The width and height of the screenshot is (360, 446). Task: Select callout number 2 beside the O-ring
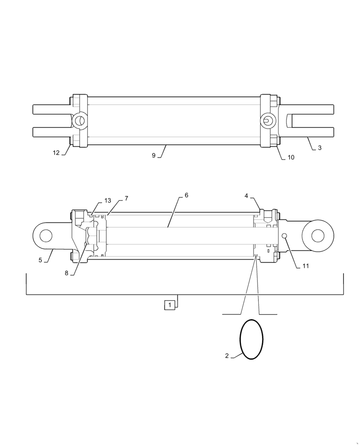coord(227,356)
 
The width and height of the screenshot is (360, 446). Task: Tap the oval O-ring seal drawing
coord(252,339)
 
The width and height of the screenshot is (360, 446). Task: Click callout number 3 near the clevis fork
coord(319,148)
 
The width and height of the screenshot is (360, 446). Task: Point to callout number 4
coord(246,196)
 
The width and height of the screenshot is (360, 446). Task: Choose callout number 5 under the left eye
coord(40,260)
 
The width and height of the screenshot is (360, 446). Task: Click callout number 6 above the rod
coord(186,196)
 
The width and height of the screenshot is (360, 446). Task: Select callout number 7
coord(126,198)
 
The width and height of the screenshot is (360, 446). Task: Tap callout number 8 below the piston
coord(66,273)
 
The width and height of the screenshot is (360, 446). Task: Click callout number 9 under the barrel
coord(153,156)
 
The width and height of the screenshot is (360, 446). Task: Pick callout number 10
coord(290,157)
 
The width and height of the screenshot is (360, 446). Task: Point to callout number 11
coord(305,266)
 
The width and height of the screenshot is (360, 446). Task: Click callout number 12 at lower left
coord(56,153)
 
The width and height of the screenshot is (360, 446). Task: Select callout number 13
coord(108,201)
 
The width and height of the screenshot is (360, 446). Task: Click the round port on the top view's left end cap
coord(79,120)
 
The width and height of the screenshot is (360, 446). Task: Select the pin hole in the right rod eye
coord(318,235)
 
